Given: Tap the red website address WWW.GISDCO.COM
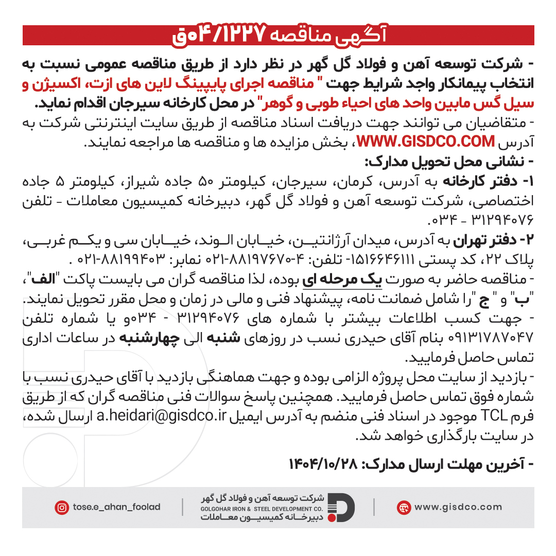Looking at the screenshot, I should (426, 141).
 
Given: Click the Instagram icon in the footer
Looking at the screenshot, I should (62, 507).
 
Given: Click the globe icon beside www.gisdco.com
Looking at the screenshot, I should (404, 507).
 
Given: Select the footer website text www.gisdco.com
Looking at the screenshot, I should (458, 507).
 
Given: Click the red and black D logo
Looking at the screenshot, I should (341, 507).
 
